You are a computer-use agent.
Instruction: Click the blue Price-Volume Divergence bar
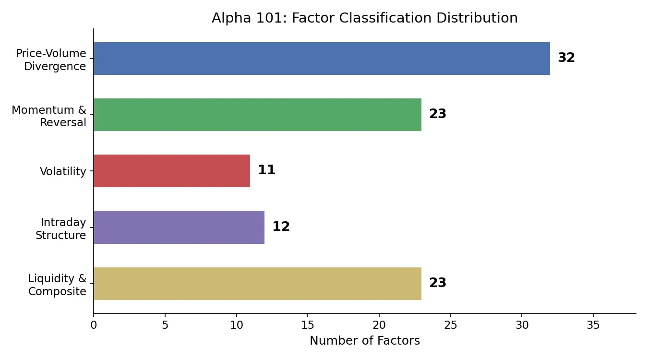click(322, 59)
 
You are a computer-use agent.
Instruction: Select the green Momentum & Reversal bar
click(257, 115)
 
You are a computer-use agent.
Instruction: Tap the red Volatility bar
click(172, 171)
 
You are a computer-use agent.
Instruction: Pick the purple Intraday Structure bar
click(179, 227)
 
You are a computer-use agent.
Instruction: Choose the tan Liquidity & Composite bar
click(257, 284)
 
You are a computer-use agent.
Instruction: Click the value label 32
click(566, 58)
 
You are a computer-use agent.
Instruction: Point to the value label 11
click(267, 170)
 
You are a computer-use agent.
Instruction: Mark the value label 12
click(281, 227)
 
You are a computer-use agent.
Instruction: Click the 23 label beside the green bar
click(438, 114)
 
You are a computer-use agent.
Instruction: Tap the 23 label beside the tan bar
click(438, 283)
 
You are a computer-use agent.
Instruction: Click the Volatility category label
click(63, 171)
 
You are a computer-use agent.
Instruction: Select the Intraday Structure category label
click(61, 229)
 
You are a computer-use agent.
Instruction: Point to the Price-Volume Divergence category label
click(51, 60)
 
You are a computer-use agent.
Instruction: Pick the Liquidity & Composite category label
click(57, 285)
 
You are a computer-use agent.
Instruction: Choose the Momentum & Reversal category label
click(49, 116)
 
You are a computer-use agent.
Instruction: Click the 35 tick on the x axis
click(593, 325)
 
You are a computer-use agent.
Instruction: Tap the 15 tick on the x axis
click(308, 325)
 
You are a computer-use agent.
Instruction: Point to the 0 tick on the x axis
click(94, 325)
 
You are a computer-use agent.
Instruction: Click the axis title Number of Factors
click(365, 341)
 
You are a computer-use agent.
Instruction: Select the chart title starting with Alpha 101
click(365, 18)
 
